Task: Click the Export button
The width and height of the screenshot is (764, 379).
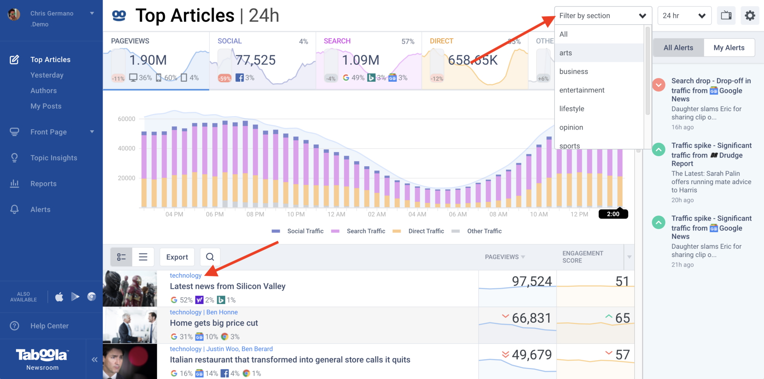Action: (177, 257)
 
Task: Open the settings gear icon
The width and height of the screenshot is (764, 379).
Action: (749, 16)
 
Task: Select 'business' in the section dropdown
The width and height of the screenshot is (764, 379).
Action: (573, 71)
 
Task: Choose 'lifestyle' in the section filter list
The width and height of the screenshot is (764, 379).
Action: (572, 109)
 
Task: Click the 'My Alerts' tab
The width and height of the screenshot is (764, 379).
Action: (729, 48)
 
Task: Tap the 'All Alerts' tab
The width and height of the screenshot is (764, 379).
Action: (678, 48)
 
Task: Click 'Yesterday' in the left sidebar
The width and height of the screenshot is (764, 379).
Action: (47, 75)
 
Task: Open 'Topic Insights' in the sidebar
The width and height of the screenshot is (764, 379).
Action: (54, 158)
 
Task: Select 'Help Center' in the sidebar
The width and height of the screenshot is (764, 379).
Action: (49, 326)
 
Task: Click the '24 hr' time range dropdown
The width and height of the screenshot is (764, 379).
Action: (684, 16)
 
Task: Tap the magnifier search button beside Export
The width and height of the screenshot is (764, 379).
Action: (210, 257)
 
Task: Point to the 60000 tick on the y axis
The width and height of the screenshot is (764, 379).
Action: (126, 119)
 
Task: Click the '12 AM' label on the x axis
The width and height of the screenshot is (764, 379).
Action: (336, 214)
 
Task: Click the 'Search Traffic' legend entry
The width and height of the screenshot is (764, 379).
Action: (366, 231)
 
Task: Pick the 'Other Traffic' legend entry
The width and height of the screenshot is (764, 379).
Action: (484, 231)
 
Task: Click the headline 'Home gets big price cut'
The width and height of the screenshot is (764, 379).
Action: (214, 323)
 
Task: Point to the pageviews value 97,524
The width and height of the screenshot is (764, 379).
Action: (532, 281)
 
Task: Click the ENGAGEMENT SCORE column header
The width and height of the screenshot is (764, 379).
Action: (582, 257)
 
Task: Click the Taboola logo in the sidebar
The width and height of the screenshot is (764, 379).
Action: (42, 355)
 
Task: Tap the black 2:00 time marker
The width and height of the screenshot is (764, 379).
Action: (613, 214)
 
